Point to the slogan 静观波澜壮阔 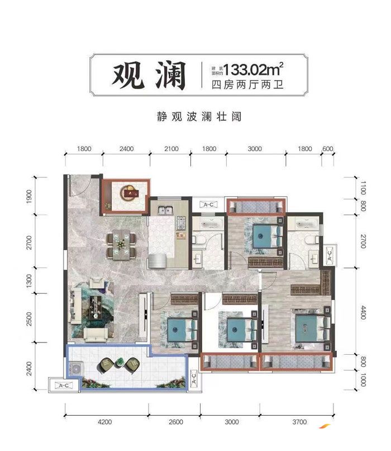click(195, 118)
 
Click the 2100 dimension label click(171, 149)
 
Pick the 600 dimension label click(328, 149)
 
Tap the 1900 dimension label click(30, 196)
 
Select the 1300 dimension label click(30, 278)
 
